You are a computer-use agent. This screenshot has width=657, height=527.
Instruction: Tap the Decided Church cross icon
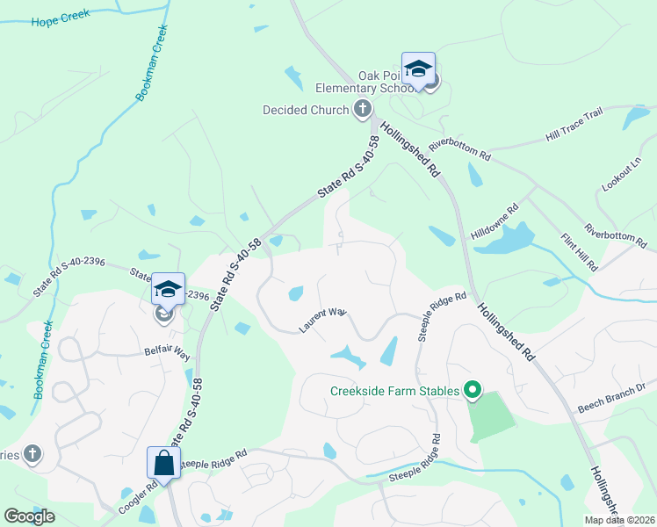(362, 110)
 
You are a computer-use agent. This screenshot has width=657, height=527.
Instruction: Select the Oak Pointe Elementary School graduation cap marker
(419, 69)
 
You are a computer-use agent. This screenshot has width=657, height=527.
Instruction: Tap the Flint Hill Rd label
(581, 251)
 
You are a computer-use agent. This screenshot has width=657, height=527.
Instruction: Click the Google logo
(29, 516)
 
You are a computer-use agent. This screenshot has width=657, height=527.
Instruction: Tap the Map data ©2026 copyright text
(620, 520)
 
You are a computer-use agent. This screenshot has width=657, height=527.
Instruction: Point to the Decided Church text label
(306, 110)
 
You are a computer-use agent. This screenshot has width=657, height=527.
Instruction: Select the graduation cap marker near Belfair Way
(168, 289)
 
